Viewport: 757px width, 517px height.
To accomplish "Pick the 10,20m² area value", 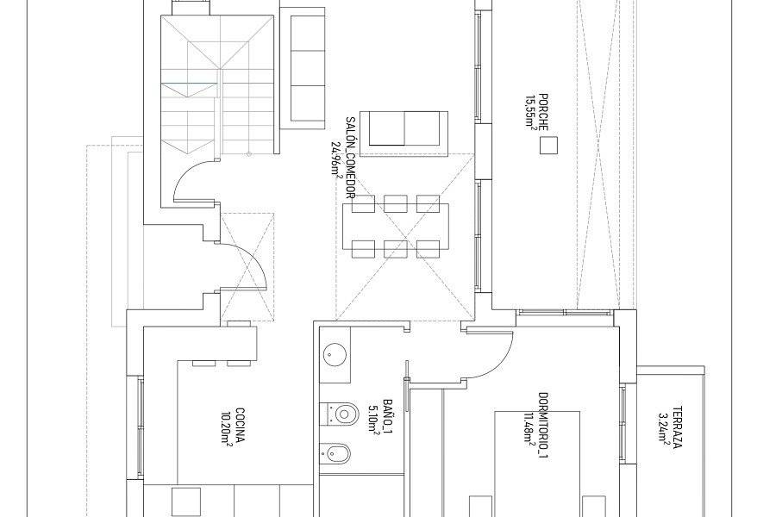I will point(225,425).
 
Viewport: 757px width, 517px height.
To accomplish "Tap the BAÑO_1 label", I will point(387,416).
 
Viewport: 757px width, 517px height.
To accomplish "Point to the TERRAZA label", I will point(678,427).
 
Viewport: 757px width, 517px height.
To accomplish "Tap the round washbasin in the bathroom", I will point(335,354).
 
